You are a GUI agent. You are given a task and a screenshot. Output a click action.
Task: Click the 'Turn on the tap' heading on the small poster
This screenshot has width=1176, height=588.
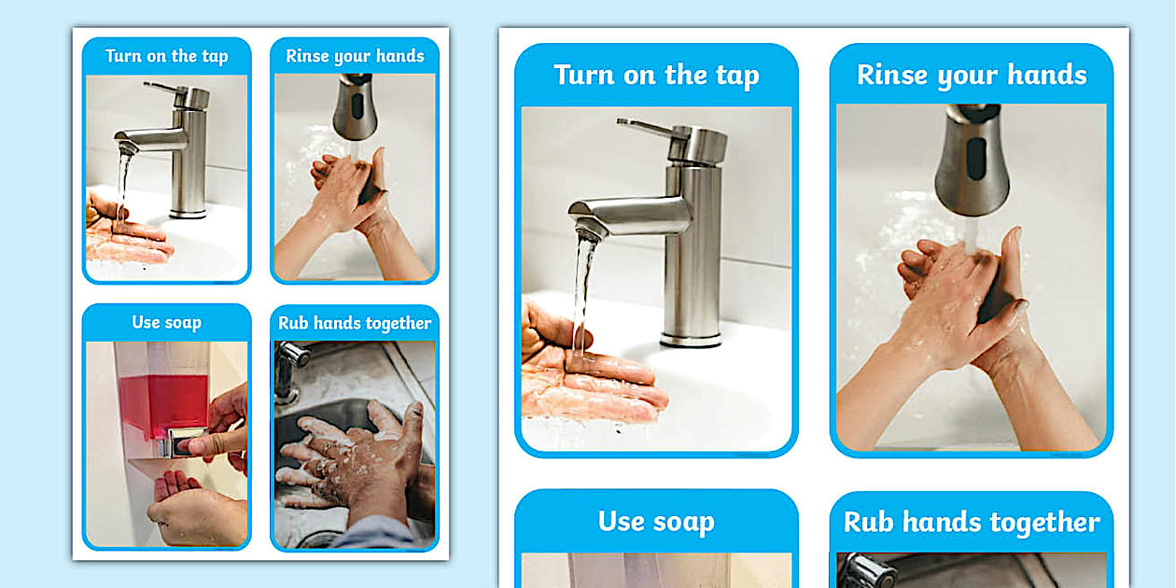point(166,56)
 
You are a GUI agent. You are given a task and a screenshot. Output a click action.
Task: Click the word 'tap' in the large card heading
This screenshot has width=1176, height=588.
point(735,75)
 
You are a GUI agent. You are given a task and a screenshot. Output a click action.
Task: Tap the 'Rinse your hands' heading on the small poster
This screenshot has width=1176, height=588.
point(355,56)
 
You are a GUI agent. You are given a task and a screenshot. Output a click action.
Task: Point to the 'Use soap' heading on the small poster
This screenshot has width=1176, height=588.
point(166,322)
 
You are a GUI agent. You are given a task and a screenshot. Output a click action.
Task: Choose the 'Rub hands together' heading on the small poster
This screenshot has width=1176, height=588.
point(355,323)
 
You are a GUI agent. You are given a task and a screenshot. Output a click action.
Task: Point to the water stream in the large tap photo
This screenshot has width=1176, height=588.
point(584,289)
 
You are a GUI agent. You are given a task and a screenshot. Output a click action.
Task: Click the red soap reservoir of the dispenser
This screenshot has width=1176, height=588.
point(163,401)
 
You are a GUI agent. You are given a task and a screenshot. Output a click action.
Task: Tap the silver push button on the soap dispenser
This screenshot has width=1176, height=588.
point(179,444)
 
